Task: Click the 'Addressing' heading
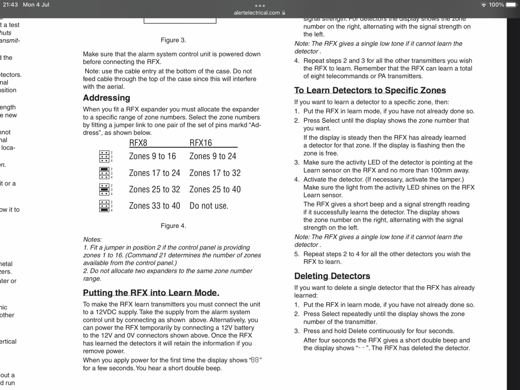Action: click(106, 98)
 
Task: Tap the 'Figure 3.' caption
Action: click(173, 40)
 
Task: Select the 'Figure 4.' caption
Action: click(173, 226)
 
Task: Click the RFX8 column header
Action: click(138, 143)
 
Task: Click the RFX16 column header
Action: click(201, 143)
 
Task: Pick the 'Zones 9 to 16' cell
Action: click(152, 156)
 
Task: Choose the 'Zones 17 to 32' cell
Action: click(215, 173)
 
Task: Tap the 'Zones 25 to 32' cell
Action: click(154, 189)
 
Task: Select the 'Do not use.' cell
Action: click(209, 206)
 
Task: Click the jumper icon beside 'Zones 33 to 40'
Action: click(104, 206)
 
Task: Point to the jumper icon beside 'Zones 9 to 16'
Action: click(104, 156)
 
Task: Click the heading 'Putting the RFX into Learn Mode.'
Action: click(151, 293)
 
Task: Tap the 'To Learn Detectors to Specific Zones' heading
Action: click(370, 90)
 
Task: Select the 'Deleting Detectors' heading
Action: click(332, 276)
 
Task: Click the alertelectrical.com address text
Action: click(257, 13)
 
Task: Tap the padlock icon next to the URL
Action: click(284, 13)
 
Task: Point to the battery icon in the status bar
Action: click(511, 5)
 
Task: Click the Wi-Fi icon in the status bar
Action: click(484, 5)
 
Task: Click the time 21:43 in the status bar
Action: click(10, 5)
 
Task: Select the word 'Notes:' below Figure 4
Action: click(92, 240)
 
